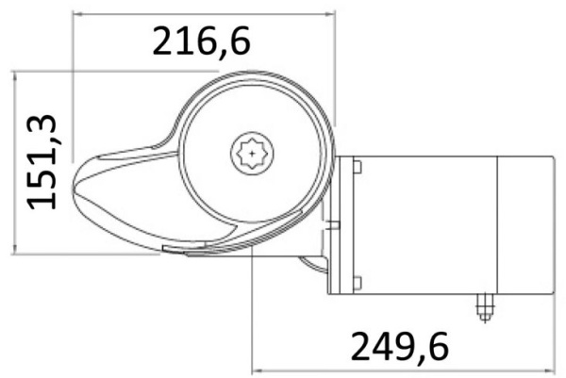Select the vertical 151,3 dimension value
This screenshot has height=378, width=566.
click(x=46, y=161)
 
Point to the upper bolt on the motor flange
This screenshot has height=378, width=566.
click(x=358, y=168)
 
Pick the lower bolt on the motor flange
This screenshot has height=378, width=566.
click(x=358, y=280)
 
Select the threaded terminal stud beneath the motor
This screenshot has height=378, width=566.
click(x=484, y=306)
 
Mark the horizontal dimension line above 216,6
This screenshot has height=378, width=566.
click(x=203, y=13)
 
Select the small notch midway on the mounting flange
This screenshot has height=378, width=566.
click(x=334, y=224)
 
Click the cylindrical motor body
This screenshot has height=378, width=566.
click(x=424, y=224)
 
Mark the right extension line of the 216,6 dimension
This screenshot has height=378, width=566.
click(x=335, y=66)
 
